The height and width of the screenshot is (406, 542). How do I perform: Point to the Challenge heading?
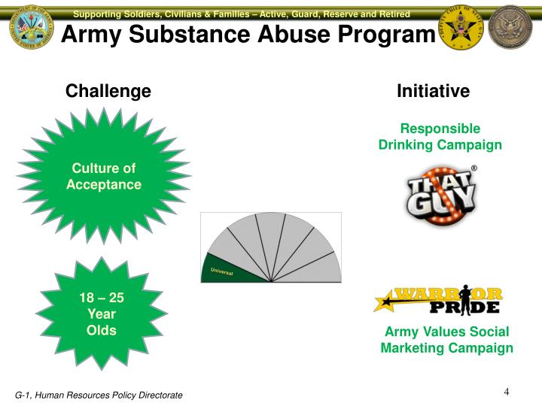(x=108, y=92)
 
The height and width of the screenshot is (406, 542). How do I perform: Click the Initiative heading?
(x=433, y=92)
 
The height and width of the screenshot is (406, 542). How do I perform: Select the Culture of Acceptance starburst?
(x=103, y=176)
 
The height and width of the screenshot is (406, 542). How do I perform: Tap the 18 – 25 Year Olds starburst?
(x=102, y=314)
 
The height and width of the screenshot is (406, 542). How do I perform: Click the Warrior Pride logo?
(x=439, y=299)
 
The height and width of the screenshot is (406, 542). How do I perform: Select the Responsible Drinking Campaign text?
(x=440, y=136)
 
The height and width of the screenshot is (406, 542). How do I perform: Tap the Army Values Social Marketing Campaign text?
(x=446, y=340)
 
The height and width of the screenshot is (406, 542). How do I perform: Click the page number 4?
(x=507, y=392)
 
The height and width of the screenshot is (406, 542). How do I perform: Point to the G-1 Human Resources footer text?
(x=99, y=395)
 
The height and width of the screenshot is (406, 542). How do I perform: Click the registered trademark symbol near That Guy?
(x=474, y=168)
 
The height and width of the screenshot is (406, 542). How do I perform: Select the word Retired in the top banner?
(x=391, y=14)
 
